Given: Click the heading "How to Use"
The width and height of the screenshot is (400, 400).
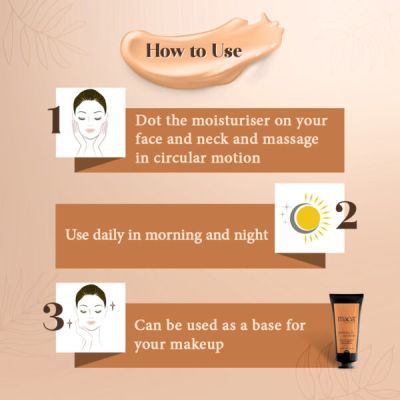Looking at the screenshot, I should (x=193, y=49).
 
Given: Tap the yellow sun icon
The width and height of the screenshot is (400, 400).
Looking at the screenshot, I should (x=313, y=215).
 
